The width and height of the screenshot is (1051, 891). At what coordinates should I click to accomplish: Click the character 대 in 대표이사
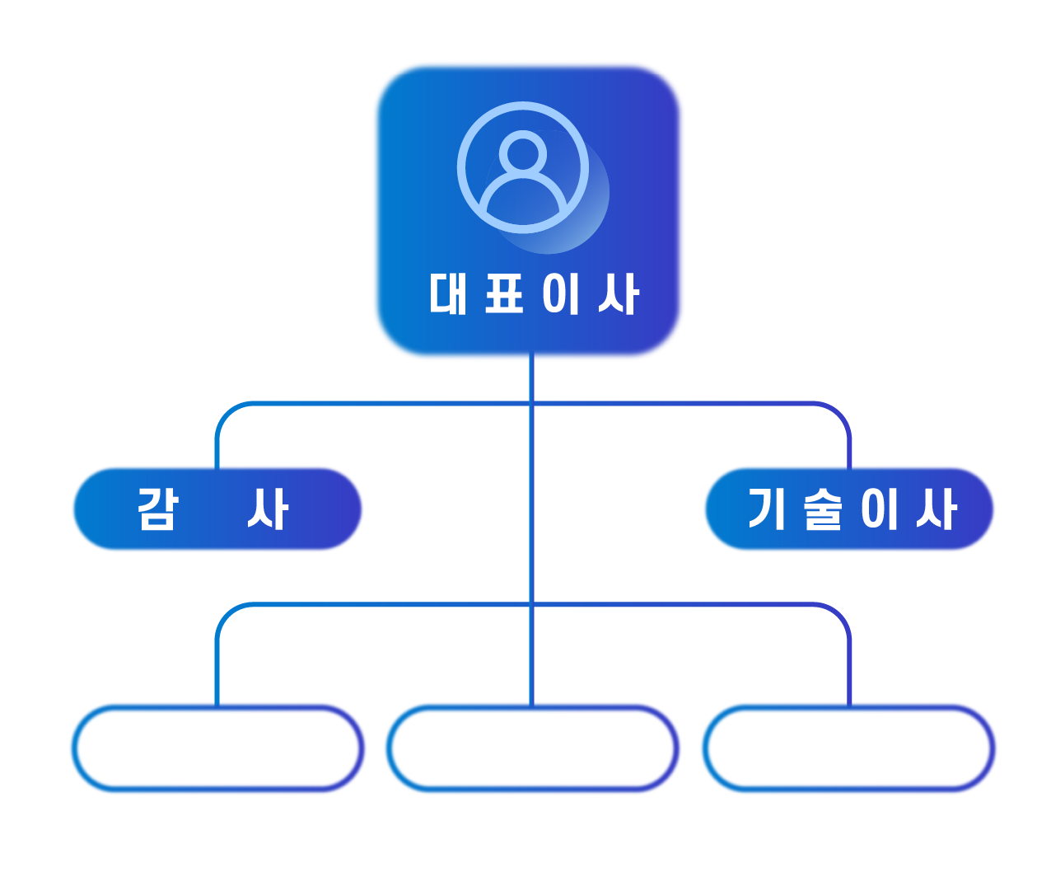click(448, 293)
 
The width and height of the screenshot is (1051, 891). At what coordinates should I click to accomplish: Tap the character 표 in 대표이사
click(504, 293)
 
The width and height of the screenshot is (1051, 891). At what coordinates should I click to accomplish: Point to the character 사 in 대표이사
click(618, 293)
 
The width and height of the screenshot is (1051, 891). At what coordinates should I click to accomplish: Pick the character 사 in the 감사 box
click(268, 509)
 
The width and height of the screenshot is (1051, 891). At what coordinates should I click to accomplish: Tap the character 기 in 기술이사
click(766, 509)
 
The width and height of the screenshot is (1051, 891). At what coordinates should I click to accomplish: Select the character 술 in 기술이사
click(822, 509)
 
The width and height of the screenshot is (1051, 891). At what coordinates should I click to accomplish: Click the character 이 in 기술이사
click(878, 509)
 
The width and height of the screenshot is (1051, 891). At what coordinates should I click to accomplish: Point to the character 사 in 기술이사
click(936, 509)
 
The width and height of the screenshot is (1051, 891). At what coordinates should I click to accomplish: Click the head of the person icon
click(523, 153)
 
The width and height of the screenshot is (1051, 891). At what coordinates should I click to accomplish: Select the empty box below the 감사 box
click(217, 748)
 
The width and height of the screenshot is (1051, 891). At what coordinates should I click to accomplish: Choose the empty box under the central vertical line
click(532, 748)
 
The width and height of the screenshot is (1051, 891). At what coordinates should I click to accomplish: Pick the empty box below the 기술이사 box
click(848, 748)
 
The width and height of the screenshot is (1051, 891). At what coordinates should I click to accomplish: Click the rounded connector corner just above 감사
click(227, 413)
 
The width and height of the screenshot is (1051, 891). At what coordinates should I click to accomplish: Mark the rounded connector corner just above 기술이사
click(839, 413)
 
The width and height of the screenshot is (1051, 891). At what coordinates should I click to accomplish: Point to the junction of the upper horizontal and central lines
click(532, 404)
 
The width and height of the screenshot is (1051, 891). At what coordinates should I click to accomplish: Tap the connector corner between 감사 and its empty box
click(227, 614)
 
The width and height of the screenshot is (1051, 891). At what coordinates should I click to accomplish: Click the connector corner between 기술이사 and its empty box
click(839, 614)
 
